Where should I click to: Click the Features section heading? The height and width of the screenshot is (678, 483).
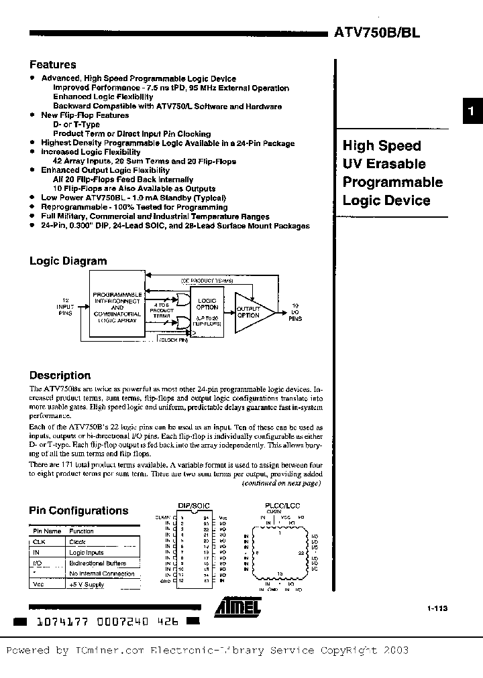tap(53, 65)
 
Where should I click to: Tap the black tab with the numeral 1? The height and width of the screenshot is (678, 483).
tap(472, 113)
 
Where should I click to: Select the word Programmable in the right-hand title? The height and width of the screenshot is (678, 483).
tap(392, 182)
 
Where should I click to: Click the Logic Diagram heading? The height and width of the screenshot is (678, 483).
tap(68, 261)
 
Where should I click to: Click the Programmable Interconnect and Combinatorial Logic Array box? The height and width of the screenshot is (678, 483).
tap(117, 308)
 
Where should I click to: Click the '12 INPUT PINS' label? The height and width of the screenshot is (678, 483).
tap(64, 308)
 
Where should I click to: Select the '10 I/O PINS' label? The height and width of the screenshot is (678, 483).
tap(295, 312)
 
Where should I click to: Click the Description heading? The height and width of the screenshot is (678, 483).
tap(60, 376)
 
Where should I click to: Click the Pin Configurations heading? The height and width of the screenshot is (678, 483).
tap(78, 511)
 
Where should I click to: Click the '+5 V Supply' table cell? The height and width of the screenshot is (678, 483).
tap(87, 585)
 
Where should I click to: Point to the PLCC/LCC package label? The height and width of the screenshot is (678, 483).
tap(282, 508)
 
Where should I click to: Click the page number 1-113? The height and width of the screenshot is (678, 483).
tap(437, 608)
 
